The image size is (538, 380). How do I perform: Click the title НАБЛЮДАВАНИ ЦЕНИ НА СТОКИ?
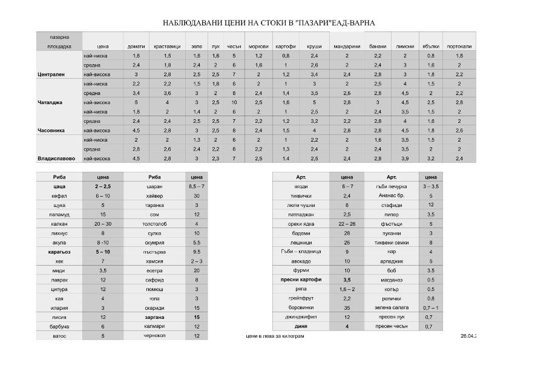click(269, 23)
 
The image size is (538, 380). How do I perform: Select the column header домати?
click(136, 46)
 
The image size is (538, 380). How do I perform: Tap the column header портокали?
click(459, 46)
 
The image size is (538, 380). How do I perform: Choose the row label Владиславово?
click(55, 159)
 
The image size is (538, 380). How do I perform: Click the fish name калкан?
click(59, 224)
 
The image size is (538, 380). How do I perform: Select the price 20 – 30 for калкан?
click(103, 224)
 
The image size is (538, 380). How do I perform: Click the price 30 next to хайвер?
click(197, 196)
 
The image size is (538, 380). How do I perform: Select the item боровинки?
click(301, 307)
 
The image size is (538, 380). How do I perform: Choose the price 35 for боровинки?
click(347, 307)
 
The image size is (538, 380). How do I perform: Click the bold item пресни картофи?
click(301, 280)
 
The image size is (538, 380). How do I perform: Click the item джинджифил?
click(301, 316)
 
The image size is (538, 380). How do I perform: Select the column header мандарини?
click(347, 46)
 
